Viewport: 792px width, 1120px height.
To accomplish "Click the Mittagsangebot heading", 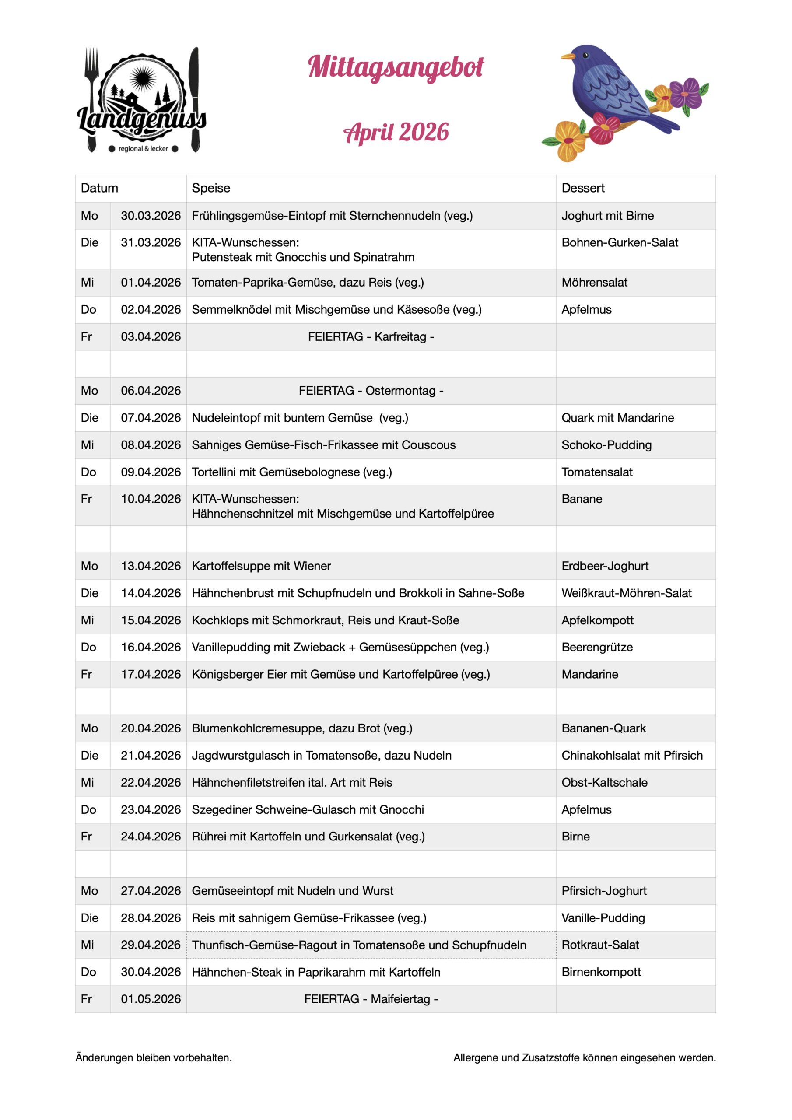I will tap(395, 67).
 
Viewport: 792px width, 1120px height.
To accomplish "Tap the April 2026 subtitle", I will tap(396, 132).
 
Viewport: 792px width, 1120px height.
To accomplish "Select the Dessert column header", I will tap(583, 188).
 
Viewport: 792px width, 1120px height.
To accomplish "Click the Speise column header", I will tap(211, 188).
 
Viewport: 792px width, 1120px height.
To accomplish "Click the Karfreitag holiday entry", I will tap(371, 336).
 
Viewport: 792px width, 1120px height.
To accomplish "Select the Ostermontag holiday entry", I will tap(371, 391).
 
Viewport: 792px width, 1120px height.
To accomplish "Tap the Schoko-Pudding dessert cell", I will tap(606, 445).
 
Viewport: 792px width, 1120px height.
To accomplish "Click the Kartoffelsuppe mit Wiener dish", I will tap(261, 566).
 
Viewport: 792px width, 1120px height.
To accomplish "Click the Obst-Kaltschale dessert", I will tap(604, 782).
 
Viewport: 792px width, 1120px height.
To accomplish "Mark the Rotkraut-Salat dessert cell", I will tap(600, 945).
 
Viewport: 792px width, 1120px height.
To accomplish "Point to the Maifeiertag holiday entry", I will tap(371, 999).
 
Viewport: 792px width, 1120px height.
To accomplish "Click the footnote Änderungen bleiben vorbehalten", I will tap(153, 1057).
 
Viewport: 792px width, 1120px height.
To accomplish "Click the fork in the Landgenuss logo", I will tap(91, 73).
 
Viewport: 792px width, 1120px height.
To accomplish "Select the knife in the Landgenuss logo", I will tap(195, 98).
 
